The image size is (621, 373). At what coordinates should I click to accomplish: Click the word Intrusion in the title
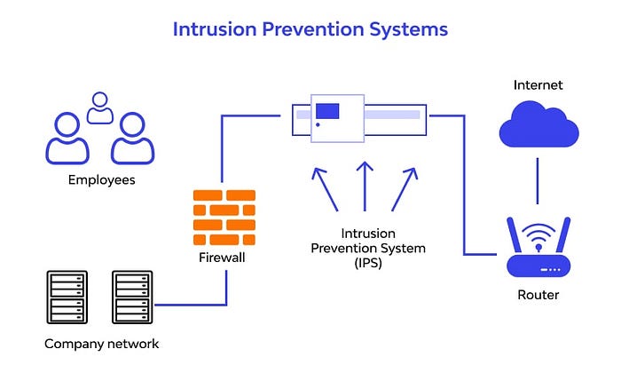tap(212, 29)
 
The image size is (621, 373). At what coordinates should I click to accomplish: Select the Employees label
tap(101, 179)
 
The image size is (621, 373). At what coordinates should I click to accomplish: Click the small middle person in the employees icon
tap(100, 107)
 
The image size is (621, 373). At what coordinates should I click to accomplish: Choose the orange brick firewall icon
tap(223, 218)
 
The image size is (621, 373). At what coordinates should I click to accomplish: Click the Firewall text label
tap(222, 258)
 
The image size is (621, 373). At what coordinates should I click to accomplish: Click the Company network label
tap(100, 344)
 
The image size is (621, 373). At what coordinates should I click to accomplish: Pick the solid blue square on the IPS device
tap(327, 112)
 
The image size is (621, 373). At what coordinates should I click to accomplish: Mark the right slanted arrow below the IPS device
tap(403, 187)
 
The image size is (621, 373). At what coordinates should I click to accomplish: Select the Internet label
tap(538, 85)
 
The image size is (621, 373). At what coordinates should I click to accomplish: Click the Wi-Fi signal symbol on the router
tap(538, 237)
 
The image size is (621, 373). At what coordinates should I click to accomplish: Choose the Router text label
tap(538, 295)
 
